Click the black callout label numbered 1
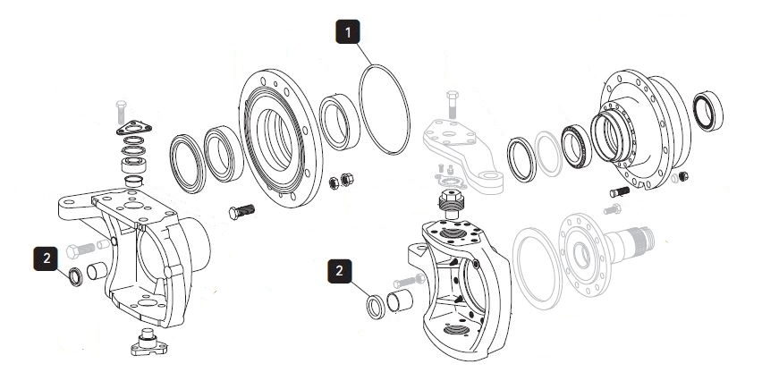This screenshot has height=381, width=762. (348, 32)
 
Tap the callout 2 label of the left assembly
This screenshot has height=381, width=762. (47, 258)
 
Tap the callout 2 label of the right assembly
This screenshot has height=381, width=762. (340, 271)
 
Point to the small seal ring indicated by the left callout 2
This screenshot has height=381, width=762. (76, 276)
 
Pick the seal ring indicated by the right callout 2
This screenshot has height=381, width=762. (375, 307)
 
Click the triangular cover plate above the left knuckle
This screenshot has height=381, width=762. (133, 128)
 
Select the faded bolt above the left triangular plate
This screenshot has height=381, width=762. (121, 112)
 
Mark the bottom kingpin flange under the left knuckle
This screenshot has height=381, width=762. (148, 343)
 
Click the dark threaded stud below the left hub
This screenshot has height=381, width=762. (241, 212)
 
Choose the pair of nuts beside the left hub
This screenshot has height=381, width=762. (341, 181)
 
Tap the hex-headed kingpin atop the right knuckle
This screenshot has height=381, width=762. (452, 204)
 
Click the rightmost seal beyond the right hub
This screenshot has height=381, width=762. (707, 111)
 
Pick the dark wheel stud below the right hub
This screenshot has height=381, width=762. (620, 192)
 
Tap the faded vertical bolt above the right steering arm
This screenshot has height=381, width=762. (452, 104)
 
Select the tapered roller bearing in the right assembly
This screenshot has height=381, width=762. (576, 145)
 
